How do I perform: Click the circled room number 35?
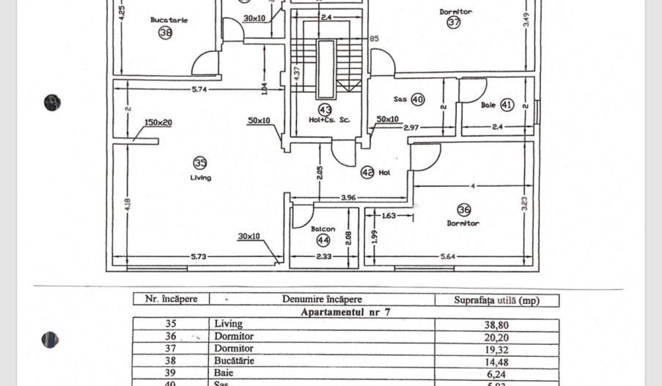click(x=199, y=163)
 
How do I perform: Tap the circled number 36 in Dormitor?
click(x=463, y=210)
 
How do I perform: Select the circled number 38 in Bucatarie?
click(x=165, y=32)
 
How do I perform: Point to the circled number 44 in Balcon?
click(x=323, y=240)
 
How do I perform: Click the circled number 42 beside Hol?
click(x=367, y=173)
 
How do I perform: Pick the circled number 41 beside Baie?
click(x=507, y=105)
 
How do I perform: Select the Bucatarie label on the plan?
click(x=169, y=20)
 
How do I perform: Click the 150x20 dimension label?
click(x=158, y=122)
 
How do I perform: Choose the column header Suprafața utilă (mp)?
click(x=497, y=300)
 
